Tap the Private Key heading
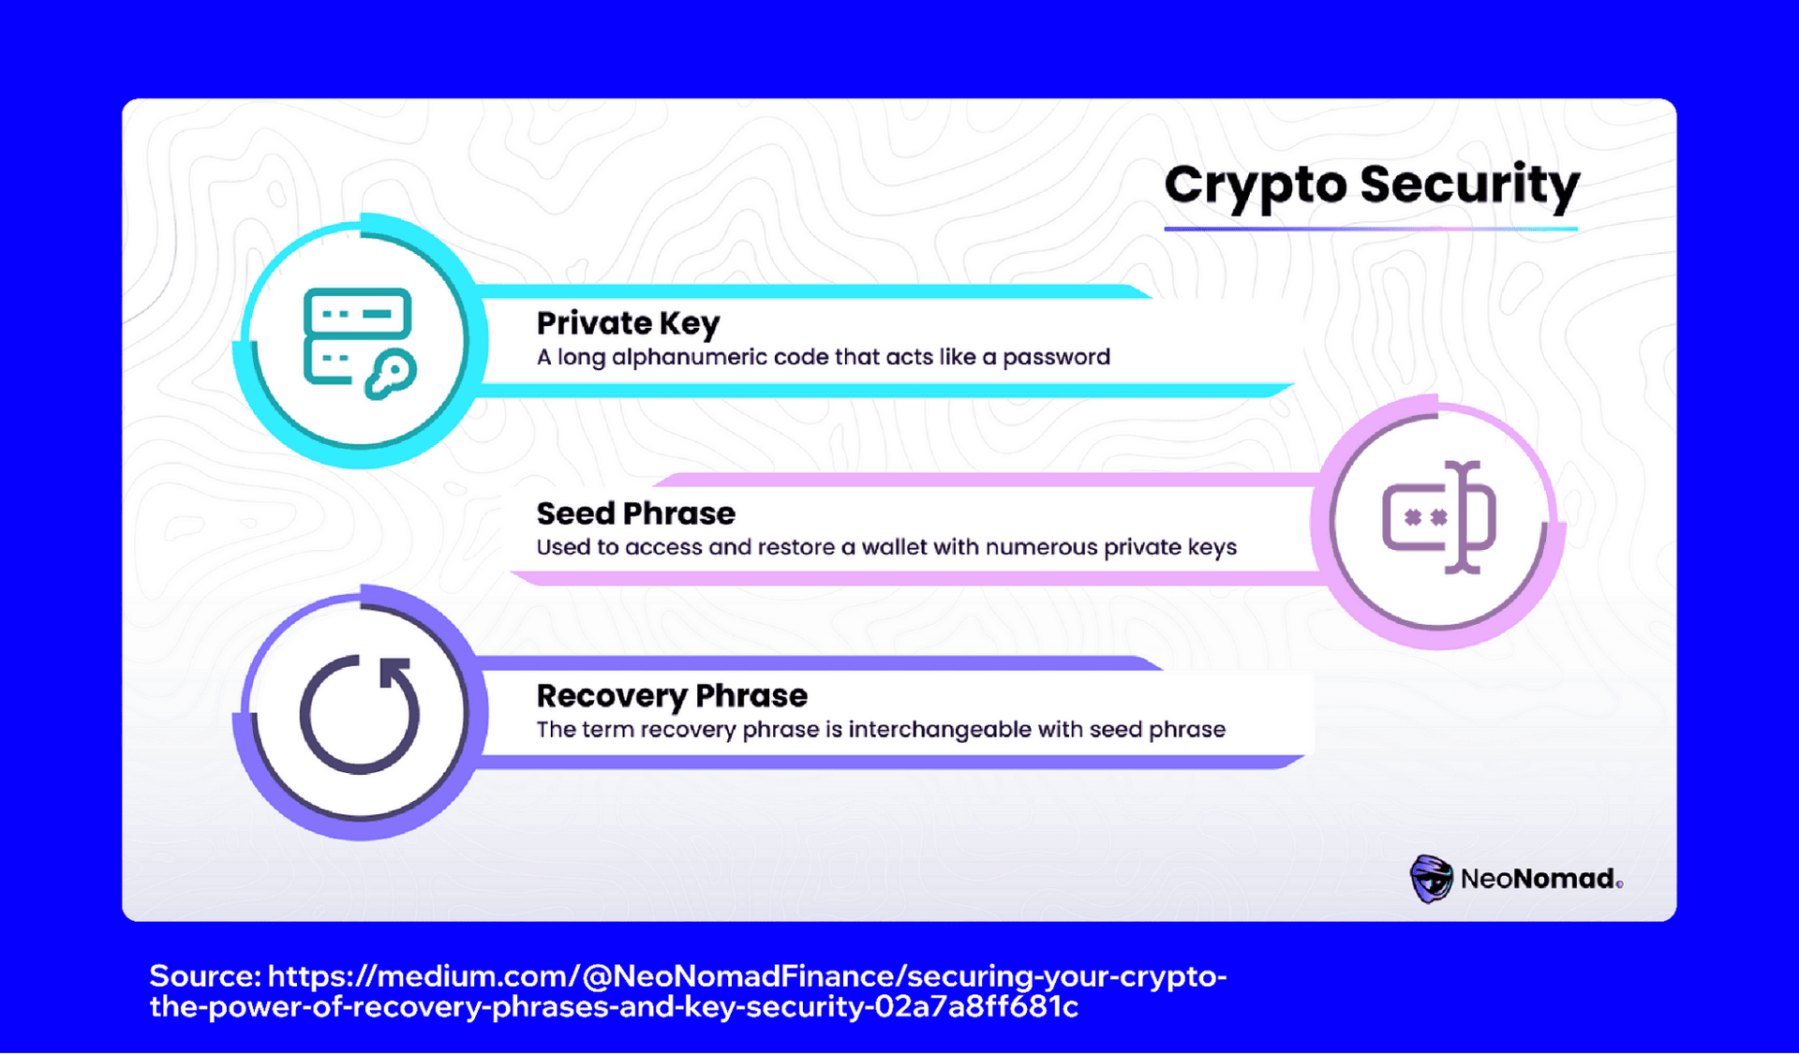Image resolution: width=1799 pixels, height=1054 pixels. click(628, 323)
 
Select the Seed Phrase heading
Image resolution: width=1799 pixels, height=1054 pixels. click(635, 513)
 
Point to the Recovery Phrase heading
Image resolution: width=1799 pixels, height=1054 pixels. click(672, 696)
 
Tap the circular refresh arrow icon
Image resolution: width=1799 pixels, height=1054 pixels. click(360, 714)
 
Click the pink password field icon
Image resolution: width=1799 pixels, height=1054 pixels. click(1438, 517)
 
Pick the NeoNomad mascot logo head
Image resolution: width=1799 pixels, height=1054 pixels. click(1431, 878)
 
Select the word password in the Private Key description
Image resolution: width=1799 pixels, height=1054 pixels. click(1056, 357)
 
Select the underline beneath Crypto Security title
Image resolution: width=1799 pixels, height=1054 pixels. click(1371, 228)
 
